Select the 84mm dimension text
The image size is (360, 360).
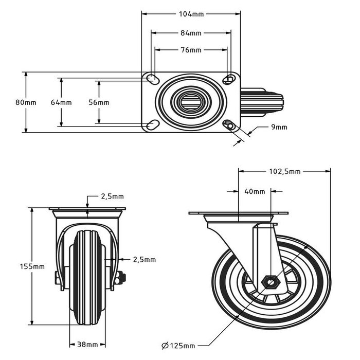(191, 33)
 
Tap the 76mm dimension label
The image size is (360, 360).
(191, 50)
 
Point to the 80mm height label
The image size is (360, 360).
(26, 102)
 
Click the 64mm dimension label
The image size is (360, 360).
(61, 102)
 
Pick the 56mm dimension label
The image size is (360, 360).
(99, 102)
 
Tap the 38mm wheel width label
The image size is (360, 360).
(88, 344)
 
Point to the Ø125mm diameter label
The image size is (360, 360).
(178, 344)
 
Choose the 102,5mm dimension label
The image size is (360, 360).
(284, 172)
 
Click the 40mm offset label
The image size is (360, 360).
(255, 192)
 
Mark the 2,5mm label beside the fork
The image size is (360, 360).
(144, 260)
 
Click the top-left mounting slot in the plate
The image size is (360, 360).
(153, 78)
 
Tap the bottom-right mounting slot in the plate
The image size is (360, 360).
(229, 125)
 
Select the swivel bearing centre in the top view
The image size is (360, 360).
(191, 101)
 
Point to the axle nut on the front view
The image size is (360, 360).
(121, 278)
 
